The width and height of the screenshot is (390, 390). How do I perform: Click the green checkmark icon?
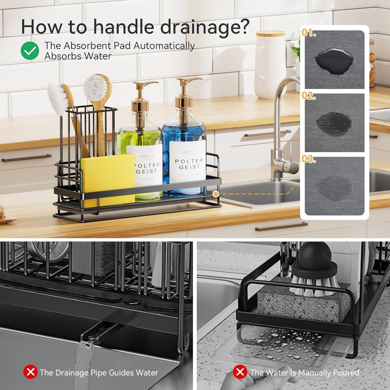tap(30, 51)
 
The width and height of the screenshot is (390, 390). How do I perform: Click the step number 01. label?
tap(309, 33)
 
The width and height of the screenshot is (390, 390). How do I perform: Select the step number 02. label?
tap(309, 96)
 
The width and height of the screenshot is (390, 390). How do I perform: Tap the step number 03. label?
tap(309, 159)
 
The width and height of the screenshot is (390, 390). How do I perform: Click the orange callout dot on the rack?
tap(215, 194)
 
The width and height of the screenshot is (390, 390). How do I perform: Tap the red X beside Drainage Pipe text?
tap(30, 372)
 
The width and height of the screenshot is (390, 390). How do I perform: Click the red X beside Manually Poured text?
tap(240, 372)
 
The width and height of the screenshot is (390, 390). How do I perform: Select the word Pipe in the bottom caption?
tap(98, 373)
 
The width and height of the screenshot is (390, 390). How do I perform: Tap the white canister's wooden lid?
tap(270, 33)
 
